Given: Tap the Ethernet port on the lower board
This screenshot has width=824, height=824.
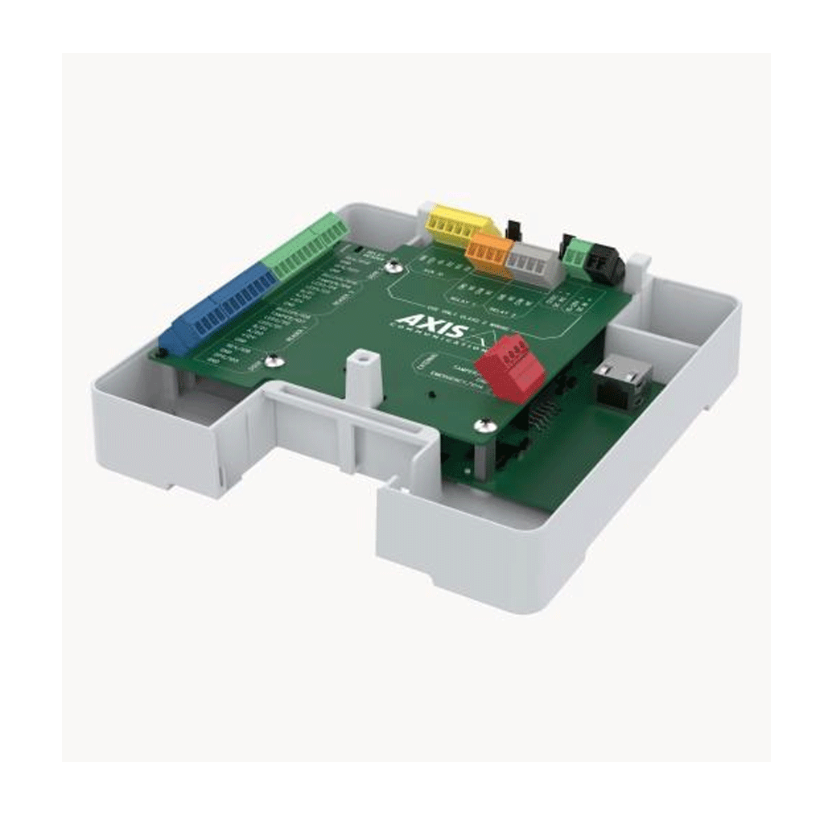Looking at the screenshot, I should pyautogui.click(x=621, y=378).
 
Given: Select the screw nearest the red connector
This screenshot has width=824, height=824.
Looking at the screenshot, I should pyautogui.click(x=483, y=424).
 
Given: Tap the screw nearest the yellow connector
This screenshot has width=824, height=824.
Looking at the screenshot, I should pyautogui.click(x=393, y=266).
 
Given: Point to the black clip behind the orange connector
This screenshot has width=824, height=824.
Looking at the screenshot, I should pyautogui.click(x=510, y=228).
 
